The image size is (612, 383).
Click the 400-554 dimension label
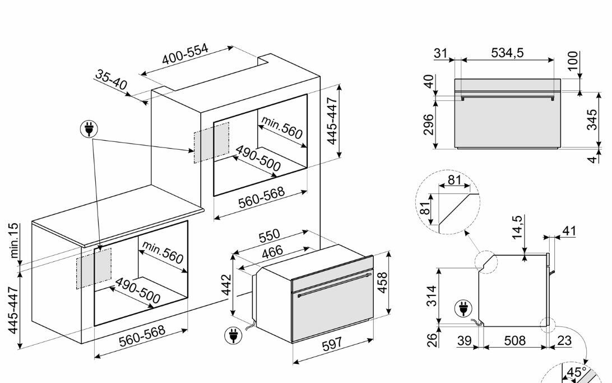(x=186, y=54)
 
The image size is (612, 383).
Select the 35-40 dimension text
(x=111, y=80)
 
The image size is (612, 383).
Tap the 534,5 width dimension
(x=507, y=52)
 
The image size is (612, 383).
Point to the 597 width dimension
(x=332, y=343)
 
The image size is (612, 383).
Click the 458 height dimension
(x=382, y=282)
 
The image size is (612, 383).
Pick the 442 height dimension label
(x=226, y=285)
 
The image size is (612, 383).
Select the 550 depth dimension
(x=270, y=236)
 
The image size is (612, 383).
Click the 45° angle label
(x=577, y=372)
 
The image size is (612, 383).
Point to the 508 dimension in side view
(x=515, y=340)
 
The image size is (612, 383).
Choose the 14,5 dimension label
(x=517, y=227)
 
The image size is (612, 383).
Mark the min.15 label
(x=13, y=240)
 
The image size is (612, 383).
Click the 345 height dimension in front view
(x=592, y=119)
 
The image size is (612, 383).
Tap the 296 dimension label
(x=429, y=124)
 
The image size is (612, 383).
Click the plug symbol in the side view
(x=463, y=309)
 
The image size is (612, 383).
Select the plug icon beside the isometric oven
(x=233, y=335)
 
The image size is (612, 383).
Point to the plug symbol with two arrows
(x=89, y=129)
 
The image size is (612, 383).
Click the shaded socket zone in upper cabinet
(x=211, y=142)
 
